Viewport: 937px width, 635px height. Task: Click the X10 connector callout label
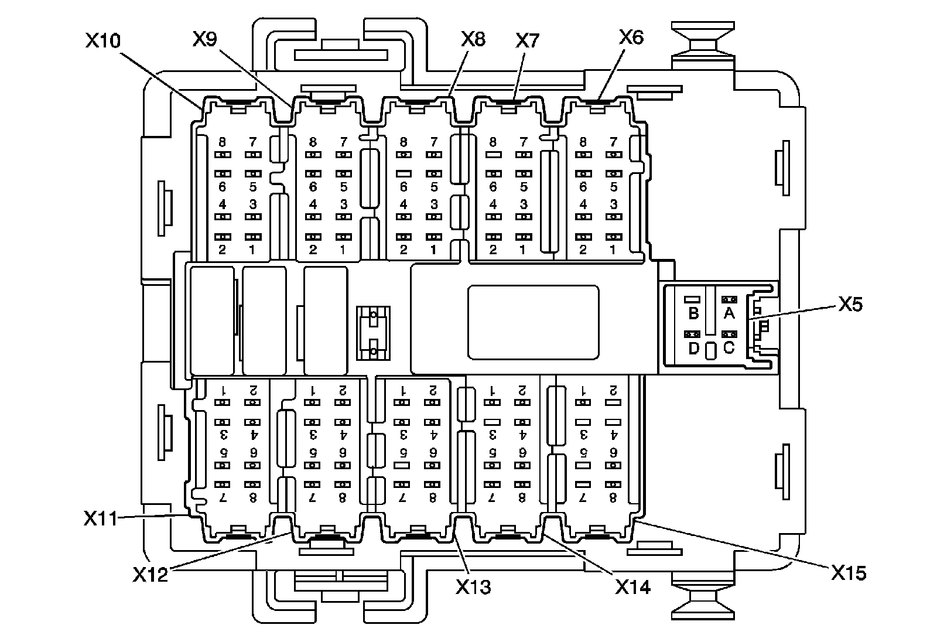tap(103, 41)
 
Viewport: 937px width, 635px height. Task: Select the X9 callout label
tap(205, 39)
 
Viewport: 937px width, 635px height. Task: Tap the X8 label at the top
tap(473, 39)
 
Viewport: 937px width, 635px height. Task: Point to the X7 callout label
tap(527, 40)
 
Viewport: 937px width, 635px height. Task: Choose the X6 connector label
tap(631, 37)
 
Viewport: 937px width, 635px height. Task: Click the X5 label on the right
tap(850, 305)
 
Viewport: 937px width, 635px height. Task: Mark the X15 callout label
tap(849, 572)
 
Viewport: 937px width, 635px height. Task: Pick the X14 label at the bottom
tap(632, 586)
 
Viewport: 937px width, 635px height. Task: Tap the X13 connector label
tap(473, 586)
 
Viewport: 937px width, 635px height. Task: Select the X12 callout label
tap(151, 574)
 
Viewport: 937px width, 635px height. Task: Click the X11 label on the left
tap(101, 518)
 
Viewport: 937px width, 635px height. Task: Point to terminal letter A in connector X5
tap(729, 313)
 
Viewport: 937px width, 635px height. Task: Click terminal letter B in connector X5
tap(693, 313)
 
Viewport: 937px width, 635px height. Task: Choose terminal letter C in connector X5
tap(729, 348)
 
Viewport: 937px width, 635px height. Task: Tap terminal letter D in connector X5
tap(693, 349)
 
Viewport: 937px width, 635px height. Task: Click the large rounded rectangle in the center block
tap(533, 322)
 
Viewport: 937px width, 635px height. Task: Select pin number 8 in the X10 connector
tap(223, 142)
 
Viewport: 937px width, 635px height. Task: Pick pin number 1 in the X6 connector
tap(613, 250)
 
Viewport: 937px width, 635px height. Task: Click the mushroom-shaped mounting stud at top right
tap(702, 42)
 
